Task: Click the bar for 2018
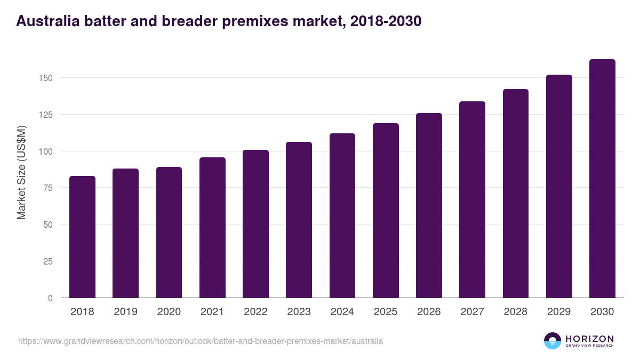coord(82,237)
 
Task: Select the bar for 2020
coord(169,233)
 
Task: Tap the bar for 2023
coord(299,220)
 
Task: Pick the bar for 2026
coord(429,205)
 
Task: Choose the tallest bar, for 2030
coord(602,179)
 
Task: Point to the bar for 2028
coord(515,194)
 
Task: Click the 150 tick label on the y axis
coord(46,78)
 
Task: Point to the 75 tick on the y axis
coord(49,188)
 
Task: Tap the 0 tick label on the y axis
coord(51,298)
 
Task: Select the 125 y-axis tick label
coord(46,115)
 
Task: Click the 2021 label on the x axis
coord(212,312)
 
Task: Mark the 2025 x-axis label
coord(386,312)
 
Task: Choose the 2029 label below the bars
coord(559,312)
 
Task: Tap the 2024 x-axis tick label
coord(342,312)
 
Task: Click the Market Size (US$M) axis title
coord(21,172)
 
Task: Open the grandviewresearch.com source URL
coord(200,341)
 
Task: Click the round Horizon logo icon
coord(553,341)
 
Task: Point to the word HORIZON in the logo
coord(589,338)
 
